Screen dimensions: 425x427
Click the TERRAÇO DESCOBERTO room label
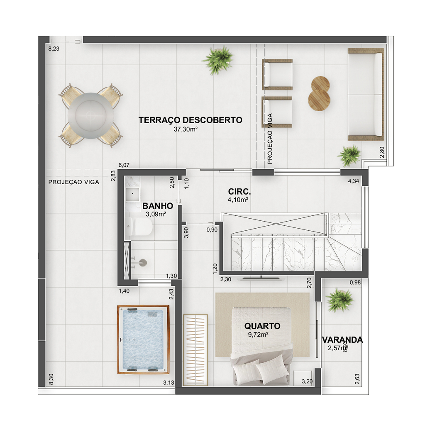[x=191, y=120]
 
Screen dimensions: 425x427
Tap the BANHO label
[x=158, y=206]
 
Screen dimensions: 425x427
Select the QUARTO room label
[x=262, y=326]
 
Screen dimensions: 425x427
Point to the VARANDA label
[x=342, y=340]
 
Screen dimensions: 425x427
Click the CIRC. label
[x=239, y=192]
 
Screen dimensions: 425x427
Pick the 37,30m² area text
[x=186, y=129]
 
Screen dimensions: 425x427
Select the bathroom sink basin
[x=132, y=194]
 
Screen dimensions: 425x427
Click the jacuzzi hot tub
[x=143, y=339]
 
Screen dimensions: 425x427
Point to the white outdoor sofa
[x=366, y=95]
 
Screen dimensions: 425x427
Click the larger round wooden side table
[x=319, y=100]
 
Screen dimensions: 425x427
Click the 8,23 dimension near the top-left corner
[x=54, y=49]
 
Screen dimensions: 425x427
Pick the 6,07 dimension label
[x=124, y=165]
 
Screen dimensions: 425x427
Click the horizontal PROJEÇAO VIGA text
[x=74, y=182]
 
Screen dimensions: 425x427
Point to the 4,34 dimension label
[x=354, y=181]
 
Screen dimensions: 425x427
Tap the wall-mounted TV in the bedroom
[x=261, y=278]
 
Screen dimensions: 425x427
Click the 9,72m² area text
[x=258, y=335]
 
